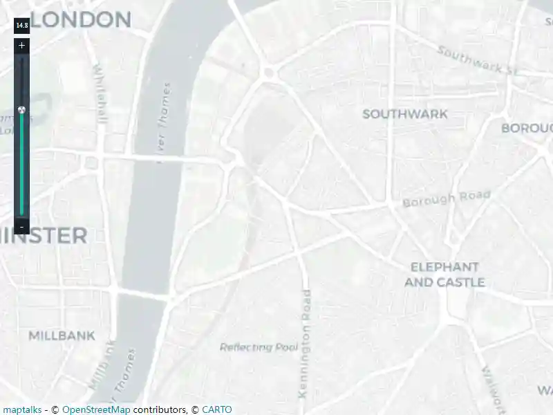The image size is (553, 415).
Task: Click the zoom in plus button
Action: pyautogui.click(x=22, y=46)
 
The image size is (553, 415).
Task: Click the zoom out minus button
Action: pyautogui.click(x=22, y=227)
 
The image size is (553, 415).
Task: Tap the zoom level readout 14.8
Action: pyautogui.click(x=22, y=26)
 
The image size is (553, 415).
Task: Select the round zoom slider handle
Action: pyautogui.click(x=22, y=109)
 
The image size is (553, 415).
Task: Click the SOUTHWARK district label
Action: pyautogui.click(x=405, y=114)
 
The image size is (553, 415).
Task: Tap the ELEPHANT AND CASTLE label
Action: pyautogui.click(x=444, y=275)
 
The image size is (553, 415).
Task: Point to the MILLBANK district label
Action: pyautogui.click(x=62, y=336)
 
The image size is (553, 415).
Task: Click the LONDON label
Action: pyautogui.click(x=80, y=20)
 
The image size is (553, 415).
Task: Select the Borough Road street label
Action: pyautogui.click(x=447, y=199)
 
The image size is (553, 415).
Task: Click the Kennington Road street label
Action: pyautogui.click(x=304, y=344)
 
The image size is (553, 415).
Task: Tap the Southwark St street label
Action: pyautogui.click(x=478, y=60)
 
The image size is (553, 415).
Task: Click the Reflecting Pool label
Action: pyautogui.click(x=259, y=347)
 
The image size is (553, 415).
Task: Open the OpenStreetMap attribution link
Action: pyautogui.click(x=96, y=409)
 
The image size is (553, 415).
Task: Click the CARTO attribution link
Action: pyautogui.click(x=217, y=409)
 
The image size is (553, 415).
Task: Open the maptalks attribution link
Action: pyautogui.click(x=21, y=409)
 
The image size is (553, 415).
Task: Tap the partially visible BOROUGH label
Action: pyautogui.click(x=528, y=129)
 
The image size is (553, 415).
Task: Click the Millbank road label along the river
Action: pyautogui.click(x=101, y=364)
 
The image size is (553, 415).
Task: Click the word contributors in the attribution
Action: pyautogui.click(x=160, y=409)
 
